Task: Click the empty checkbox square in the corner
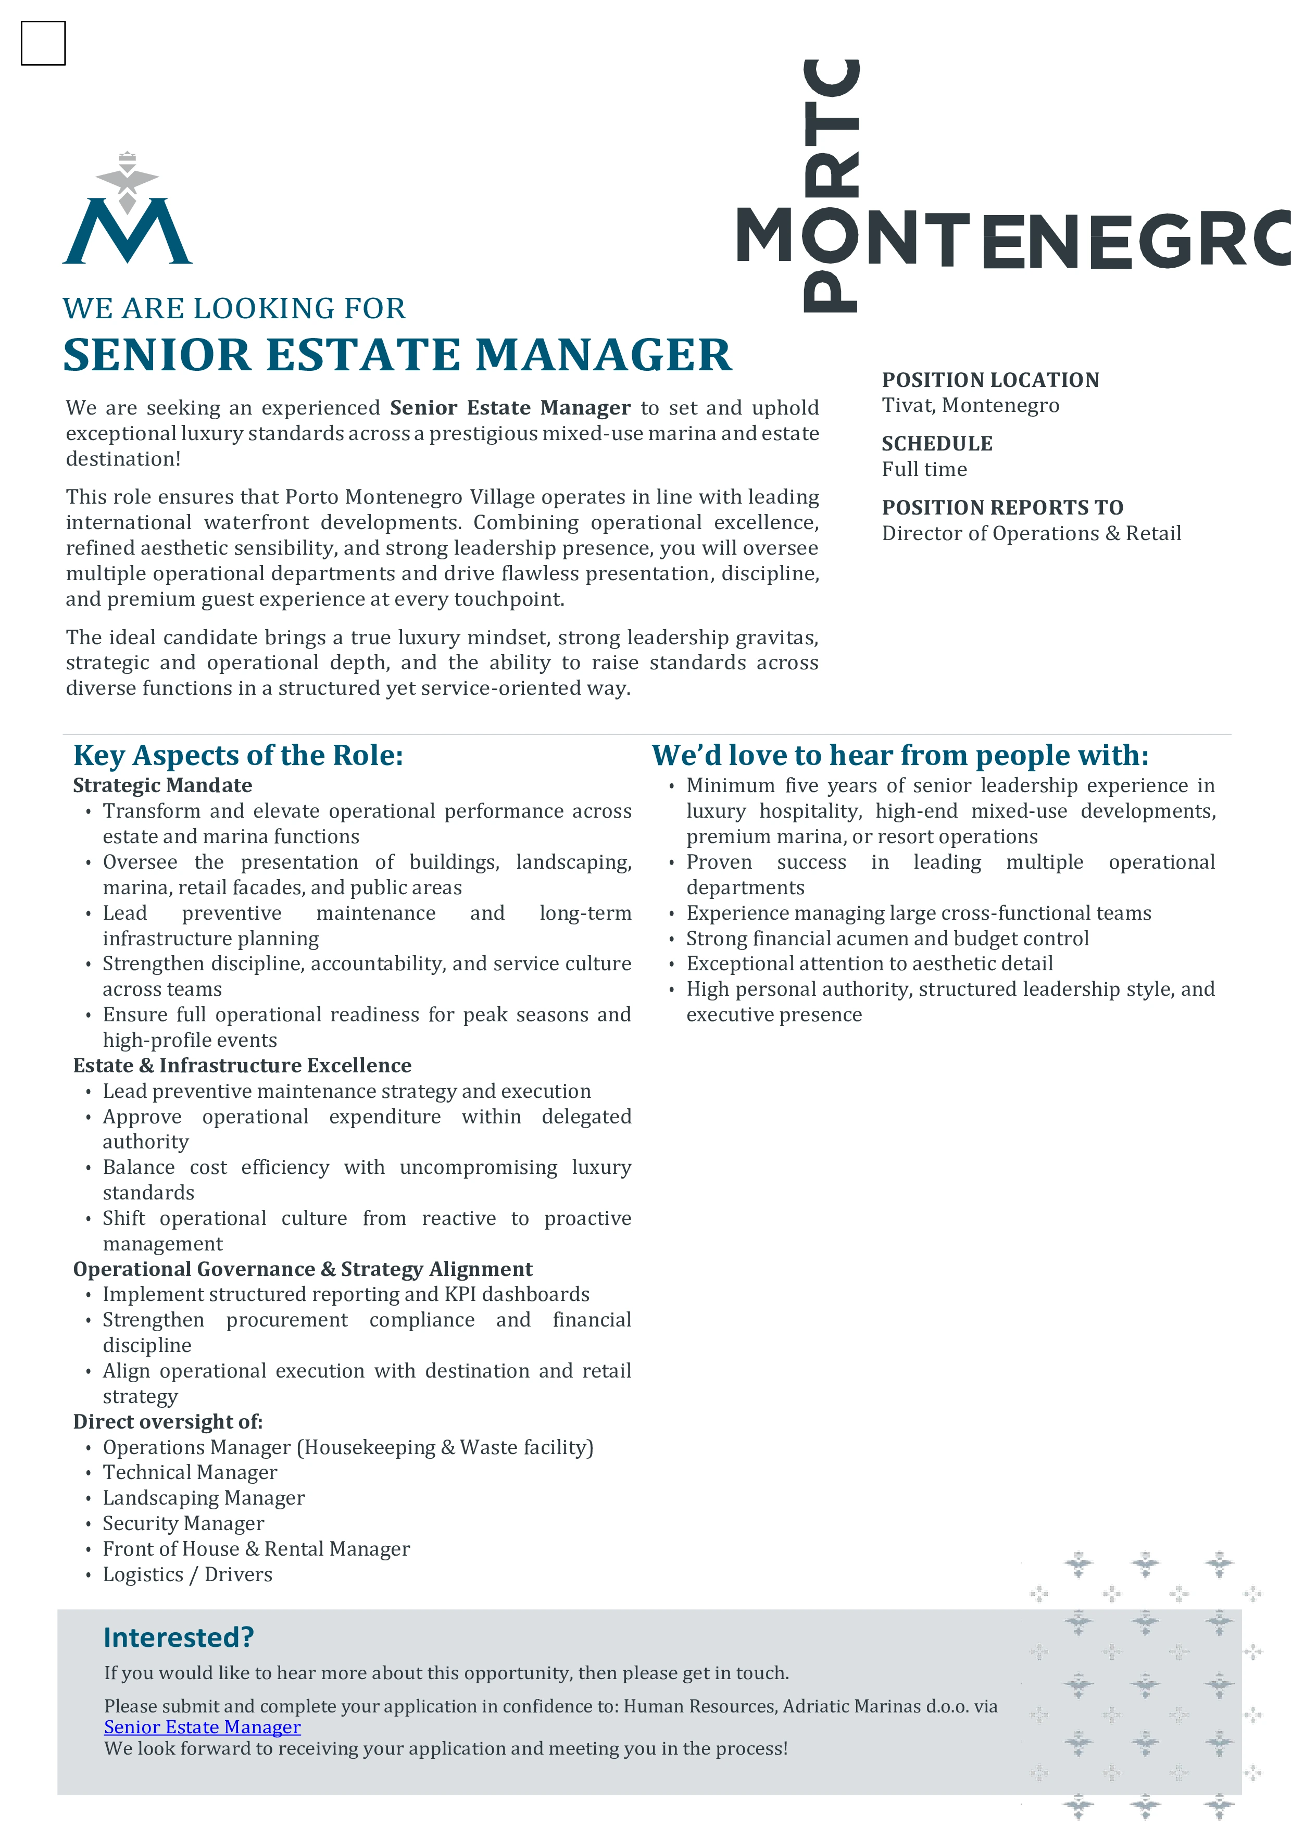43,43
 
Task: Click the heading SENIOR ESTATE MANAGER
397,355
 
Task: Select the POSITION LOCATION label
989,380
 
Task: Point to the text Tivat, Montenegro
970,406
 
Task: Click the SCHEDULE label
936,444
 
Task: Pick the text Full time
924,469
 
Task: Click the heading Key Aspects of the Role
238,755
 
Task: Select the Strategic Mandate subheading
162,785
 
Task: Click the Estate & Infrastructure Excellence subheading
242,1066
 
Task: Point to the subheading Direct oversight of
167,1422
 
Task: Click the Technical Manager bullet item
190,1473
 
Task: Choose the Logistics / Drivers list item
187,1575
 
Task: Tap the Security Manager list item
183,1524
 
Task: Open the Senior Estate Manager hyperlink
202,1728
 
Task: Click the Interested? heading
178,1637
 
